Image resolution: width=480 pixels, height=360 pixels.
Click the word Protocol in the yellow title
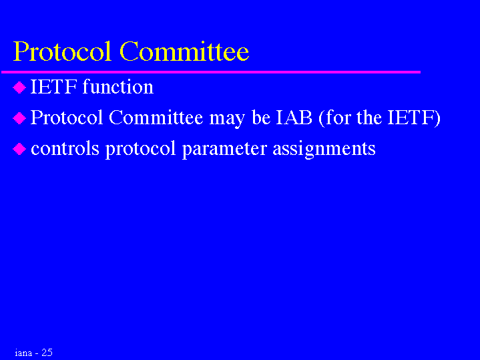(62, 51)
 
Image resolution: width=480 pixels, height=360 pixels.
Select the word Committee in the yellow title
(184, 51)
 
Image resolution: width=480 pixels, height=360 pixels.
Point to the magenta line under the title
(211, 72)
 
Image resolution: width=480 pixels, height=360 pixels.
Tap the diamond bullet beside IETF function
(19, 87)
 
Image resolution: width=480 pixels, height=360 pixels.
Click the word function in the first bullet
(118, 87)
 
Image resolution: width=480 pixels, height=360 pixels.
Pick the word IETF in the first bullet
(53, 87)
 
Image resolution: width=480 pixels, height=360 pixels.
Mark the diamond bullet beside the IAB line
(19, 118)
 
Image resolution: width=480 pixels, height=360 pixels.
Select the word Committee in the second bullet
(156, 118)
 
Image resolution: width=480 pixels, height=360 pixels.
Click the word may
(227, 120)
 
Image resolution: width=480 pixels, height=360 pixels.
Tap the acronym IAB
(294, 118)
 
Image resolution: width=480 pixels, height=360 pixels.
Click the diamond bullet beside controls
(19, 149)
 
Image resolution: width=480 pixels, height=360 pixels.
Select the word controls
(65, 148)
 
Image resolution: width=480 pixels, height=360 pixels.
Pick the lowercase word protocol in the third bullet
(140, 150)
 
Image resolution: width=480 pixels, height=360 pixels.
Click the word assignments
(324, 150)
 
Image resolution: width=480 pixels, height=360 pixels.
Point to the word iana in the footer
(23, 353)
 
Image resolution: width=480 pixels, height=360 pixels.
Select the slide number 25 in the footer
(47, 353)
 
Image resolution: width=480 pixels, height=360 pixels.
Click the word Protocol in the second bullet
(67, 118)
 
